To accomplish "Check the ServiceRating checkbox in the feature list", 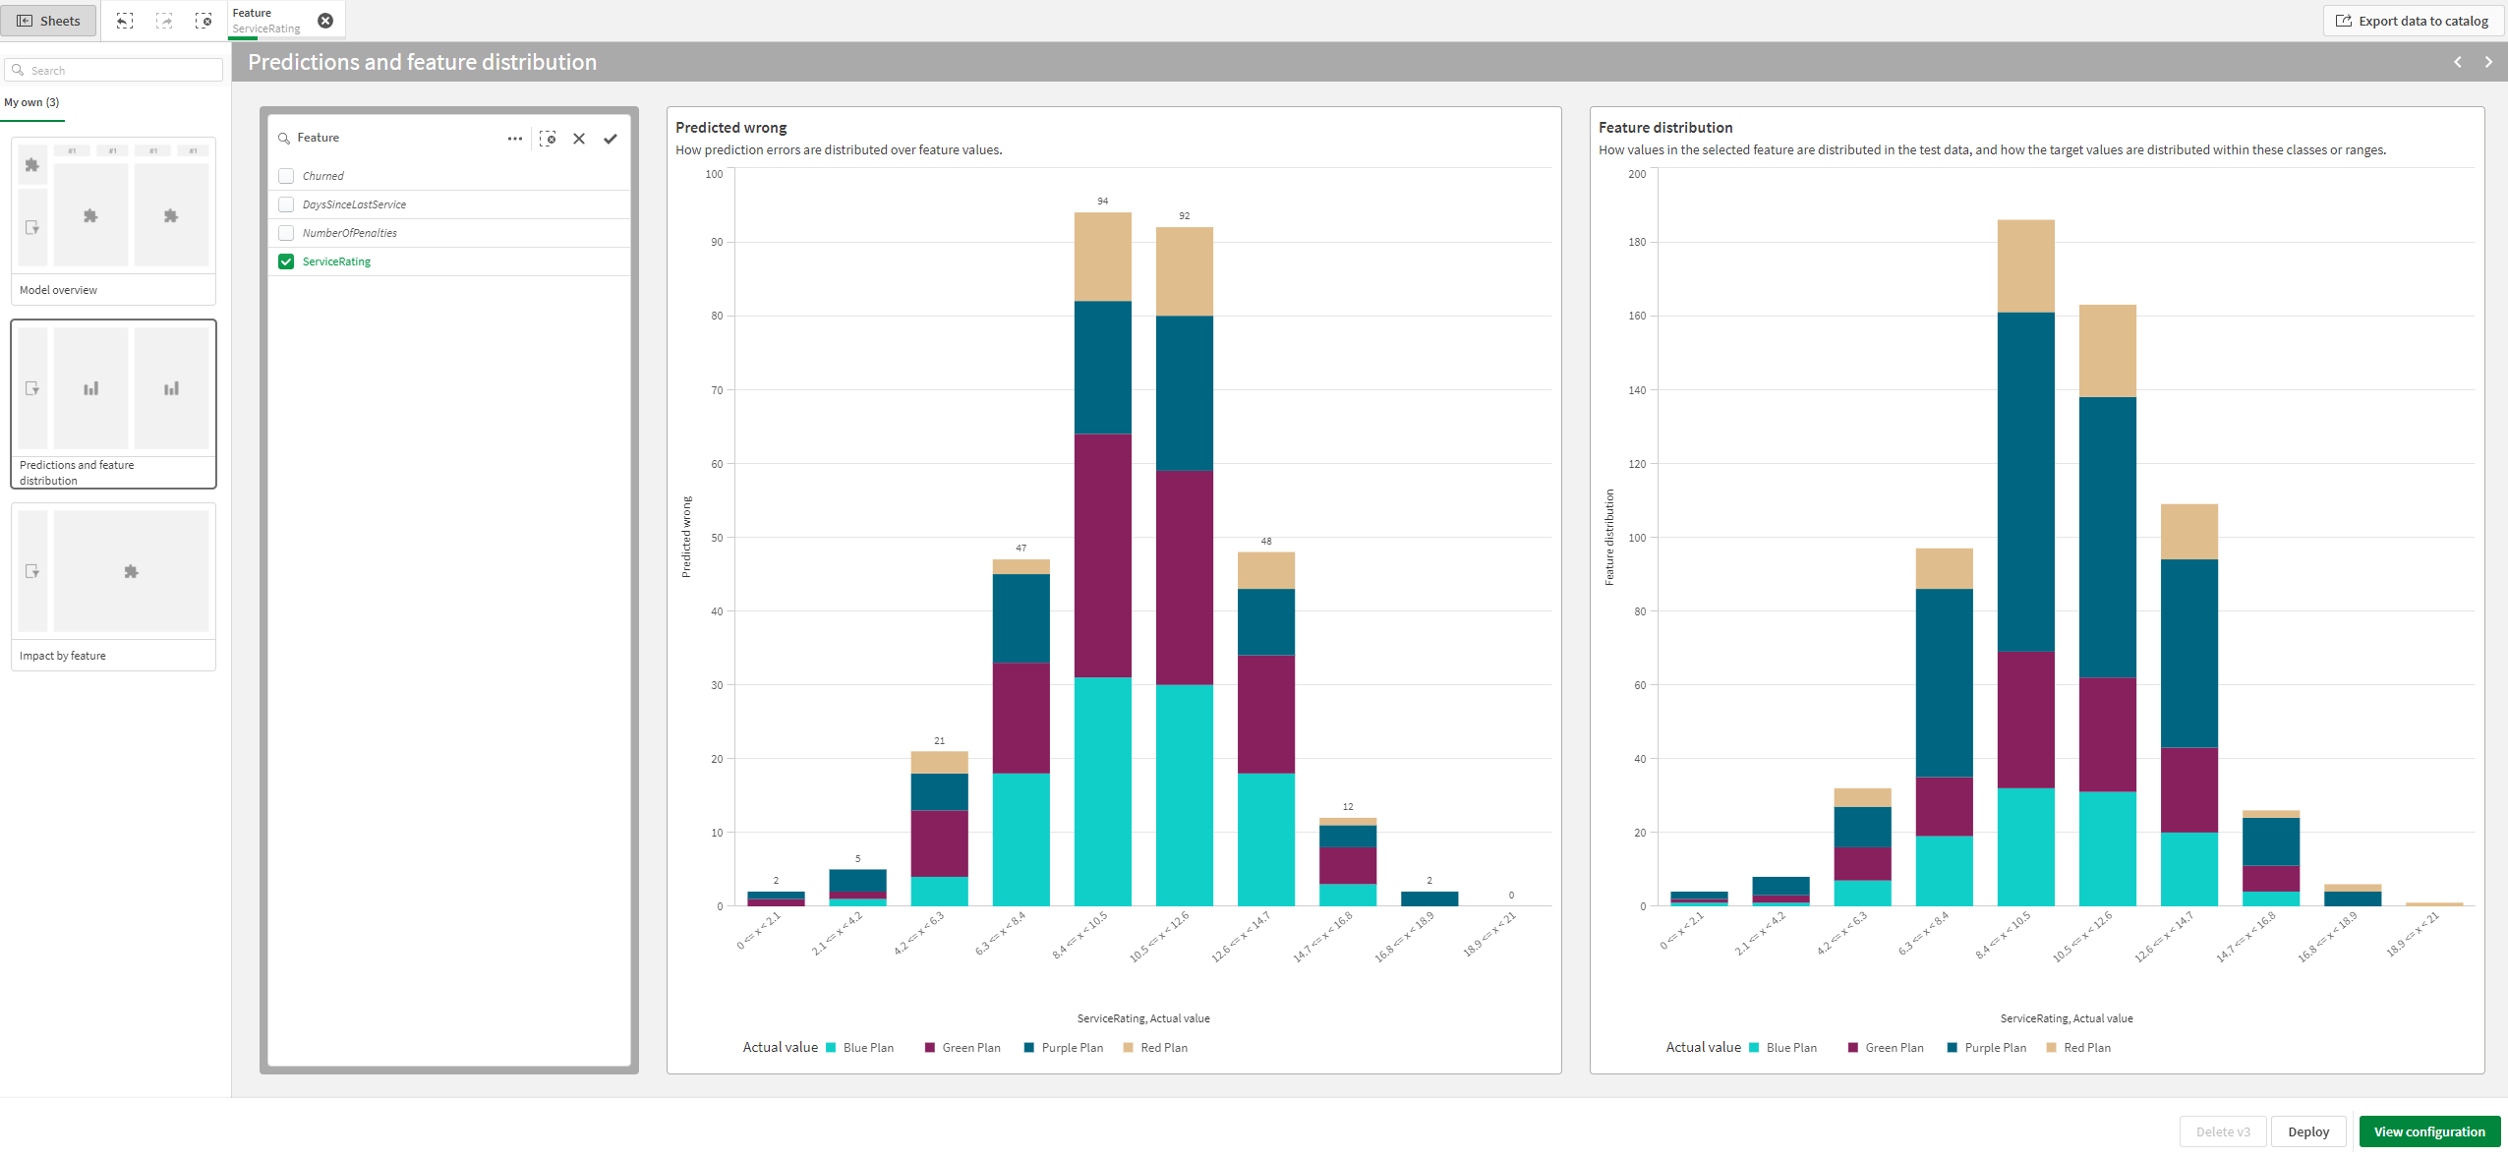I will click(x=286, y=261).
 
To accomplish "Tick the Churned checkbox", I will click(x=286, y=176).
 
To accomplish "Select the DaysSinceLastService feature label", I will click(x=354, y=204).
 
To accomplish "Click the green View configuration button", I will click(x=2428, y=1131).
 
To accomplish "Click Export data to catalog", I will click(x=2414, y=21).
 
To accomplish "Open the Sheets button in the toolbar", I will click(x=49, y=21).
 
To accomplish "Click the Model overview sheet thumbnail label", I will click(x=59, y=290).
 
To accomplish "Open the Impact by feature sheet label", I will click(x=63, y=656).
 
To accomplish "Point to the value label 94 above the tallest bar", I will click(x=1102, y=201).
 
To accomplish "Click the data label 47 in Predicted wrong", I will click(x=1021, y=548).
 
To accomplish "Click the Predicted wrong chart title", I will click(x=730, y=128).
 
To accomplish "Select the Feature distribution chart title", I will click(x=1664, y=128).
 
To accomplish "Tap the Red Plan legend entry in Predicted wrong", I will click(x=1163, y=1048).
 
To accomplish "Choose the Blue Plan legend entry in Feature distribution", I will click(x=1790, y=1048).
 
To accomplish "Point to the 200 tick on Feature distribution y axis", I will click(x=1636, y=174).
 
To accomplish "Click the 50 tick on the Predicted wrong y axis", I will click(x=717, y=538).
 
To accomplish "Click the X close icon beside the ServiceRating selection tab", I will click(x=325, y=21).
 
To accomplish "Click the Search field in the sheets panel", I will click(x=118, y=71).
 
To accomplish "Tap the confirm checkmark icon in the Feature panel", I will click(x=611, y=139).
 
